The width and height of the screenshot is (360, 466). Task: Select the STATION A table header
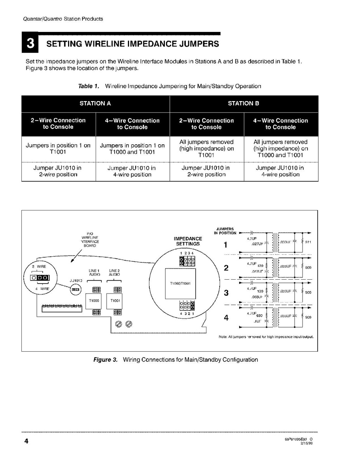tap(95, 103)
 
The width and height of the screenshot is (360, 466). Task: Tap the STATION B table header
tap(243, 103)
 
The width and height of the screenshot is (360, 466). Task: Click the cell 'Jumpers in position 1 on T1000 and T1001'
tap(132, 149)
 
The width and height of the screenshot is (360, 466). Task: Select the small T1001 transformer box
tap(115, 301)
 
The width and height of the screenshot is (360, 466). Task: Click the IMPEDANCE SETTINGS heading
tap(187, 241)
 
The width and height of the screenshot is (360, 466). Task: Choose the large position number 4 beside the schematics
tap(226, 318)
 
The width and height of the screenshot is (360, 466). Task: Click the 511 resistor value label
tap(308, 242)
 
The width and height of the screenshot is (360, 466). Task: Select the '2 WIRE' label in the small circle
tap(39, 266)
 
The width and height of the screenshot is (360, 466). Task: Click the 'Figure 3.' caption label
tap(105, 359)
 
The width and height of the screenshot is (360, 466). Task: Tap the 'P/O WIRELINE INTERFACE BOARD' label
tap(90, 240)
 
